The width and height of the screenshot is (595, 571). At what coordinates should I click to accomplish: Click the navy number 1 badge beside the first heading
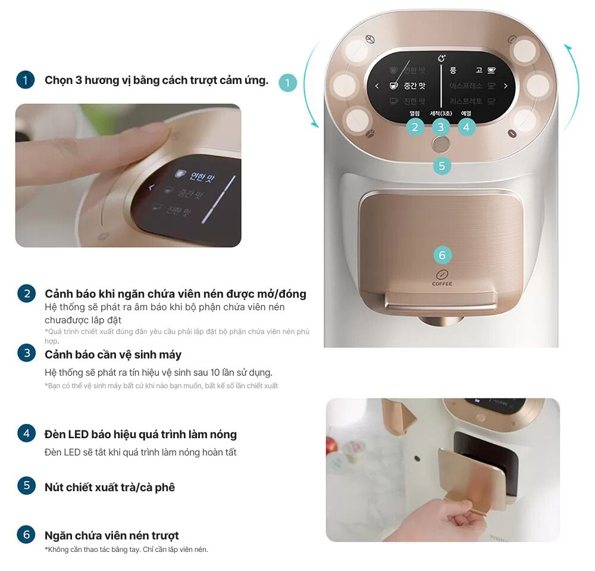click(26, 80)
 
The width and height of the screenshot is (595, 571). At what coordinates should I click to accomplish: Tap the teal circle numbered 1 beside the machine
click(287, 83)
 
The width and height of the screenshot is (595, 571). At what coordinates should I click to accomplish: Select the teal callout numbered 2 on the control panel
click(415, 126)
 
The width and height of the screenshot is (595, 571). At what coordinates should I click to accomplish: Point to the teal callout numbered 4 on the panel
click(466, 126)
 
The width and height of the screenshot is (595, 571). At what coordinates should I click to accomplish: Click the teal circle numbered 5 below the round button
click(441, 166)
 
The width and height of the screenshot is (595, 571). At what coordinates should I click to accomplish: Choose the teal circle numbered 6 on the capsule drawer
click(441, 255)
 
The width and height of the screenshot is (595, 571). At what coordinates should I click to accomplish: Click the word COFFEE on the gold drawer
click(441, 284)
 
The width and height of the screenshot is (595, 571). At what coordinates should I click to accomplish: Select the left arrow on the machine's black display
click(377, 86)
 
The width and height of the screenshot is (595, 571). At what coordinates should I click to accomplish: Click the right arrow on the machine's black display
click(506, 86)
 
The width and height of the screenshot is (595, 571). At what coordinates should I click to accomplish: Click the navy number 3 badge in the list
click(26, 354)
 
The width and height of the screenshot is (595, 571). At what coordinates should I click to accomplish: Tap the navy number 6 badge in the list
click(26, 535)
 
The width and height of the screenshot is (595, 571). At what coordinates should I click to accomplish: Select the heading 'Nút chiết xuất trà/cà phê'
click(109, 487)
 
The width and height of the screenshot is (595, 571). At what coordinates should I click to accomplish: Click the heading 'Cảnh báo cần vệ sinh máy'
click(113, 354)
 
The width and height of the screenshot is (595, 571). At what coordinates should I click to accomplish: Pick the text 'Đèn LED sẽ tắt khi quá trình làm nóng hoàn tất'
click(140, 453)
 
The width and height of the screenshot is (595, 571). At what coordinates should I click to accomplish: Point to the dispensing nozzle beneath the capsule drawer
click(441, 321)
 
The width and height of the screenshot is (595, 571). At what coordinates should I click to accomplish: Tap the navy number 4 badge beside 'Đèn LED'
click(26, 433)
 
